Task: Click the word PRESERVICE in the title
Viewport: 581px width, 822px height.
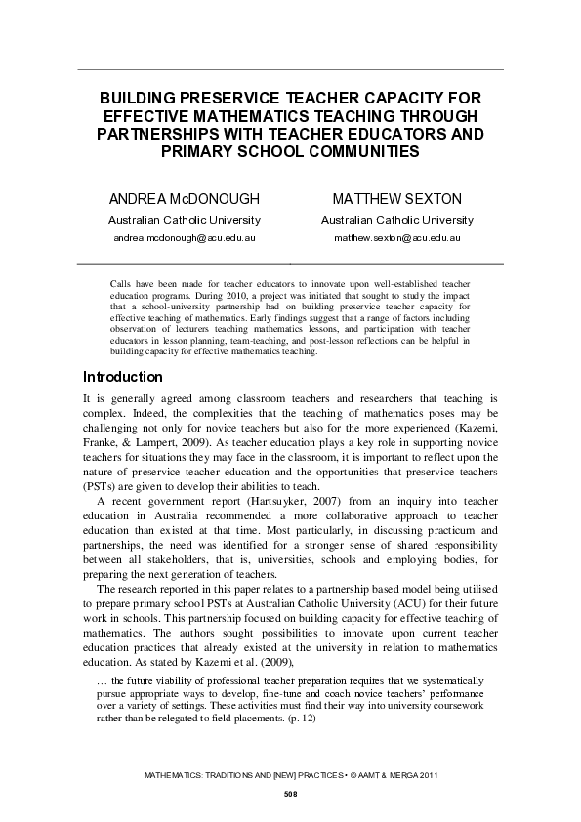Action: (x=218, y=99)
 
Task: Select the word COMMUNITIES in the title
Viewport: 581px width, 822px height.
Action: (x=348, y=151)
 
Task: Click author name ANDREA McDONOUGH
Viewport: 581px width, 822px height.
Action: (x=184, y=199)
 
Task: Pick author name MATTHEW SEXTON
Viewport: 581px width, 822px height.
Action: (x=396, y=199)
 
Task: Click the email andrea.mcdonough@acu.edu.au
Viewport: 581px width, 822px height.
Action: (x=184, y=237)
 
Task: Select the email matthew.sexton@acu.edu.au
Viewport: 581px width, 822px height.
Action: (x=396, y=237)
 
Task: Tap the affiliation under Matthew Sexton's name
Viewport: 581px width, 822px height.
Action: (x=396, y=220)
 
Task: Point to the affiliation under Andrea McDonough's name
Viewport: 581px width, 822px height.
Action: (x=184, y=220)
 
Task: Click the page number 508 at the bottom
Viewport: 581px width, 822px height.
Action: (x=290, y=794)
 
